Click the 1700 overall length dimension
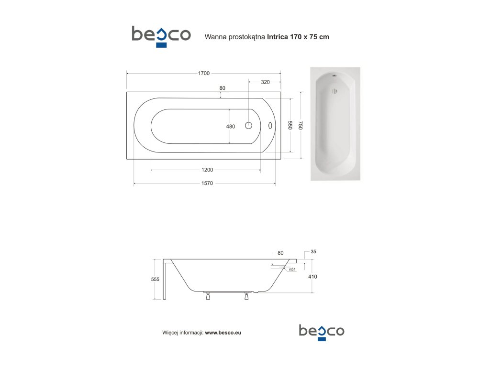click(204, 73)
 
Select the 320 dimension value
click(265, 82)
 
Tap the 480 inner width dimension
click(231, 126)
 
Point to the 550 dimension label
click(290, 125)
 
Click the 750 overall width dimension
click(301, 125)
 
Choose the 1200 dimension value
click(207, 170)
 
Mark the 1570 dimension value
click(207, 183)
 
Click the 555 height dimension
click(156, 279)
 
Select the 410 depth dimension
click(312, 277)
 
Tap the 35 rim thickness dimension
click(313, 251)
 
